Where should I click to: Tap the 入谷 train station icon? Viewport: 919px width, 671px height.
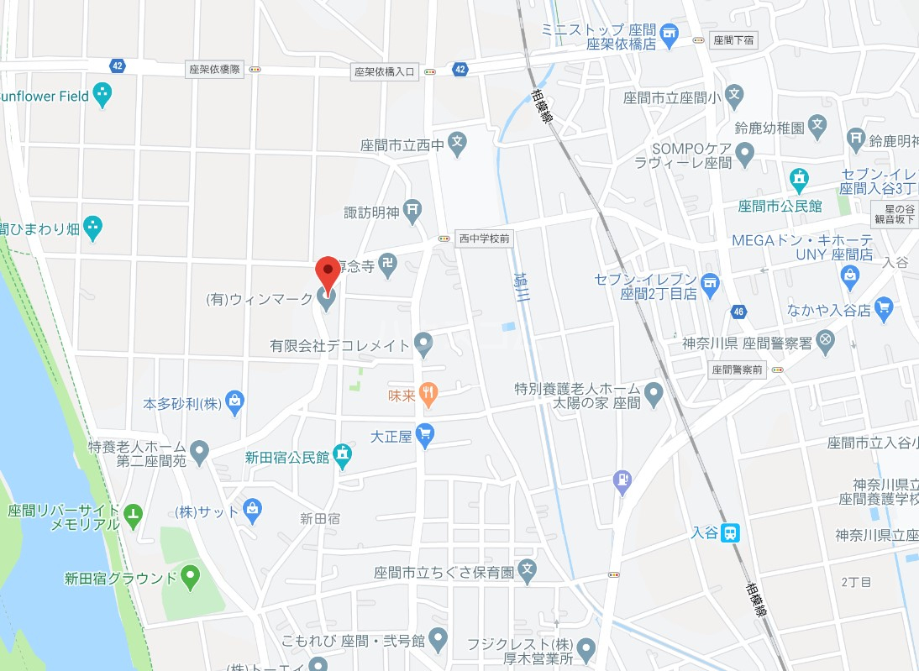[x=732, y=532]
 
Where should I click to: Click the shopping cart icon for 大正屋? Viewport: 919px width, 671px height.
[x=425, y=435]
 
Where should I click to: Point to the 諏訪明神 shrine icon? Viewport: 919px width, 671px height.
[x=412, y=211]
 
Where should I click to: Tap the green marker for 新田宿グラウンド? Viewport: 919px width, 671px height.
[x=191, y=577]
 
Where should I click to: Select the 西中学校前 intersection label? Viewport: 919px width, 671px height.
[x=484, y=239]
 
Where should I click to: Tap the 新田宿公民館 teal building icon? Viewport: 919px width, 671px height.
[x=342, y=456]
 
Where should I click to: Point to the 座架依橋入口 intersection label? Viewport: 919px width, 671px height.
[x=386, y=72]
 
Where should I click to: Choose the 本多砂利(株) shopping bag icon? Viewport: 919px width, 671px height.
[x=234, y=403]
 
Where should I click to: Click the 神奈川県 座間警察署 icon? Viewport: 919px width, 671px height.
[x=826, y=341]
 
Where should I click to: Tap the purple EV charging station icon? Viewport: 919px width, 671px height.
[x=622, y=480]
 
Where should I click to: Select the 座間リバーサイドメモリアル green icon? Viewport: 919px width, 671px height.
[x=133, y=513]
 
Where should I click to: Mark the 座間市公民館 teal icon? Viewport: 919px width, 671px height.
[x=798, y=178]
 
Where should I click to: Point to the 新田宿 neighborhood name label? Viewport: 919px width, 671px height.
[x=320, y=519]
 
